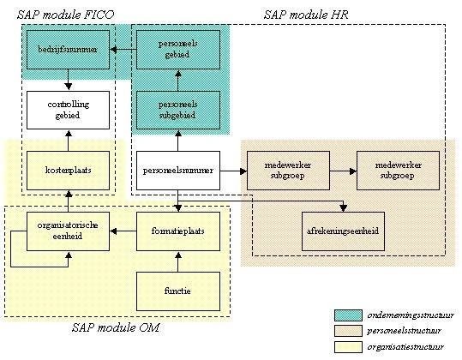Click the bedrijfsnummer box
click(68, 51)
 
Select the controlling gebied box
click(68, 111)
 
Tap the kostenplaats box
click(68, 171)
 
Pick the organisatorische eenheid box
click(68, 231)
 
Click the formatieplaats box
click(178, 231)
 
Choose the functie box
click(178, 291)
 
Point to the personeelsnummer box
click(178, 171)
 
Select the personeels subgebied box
click(178, 111)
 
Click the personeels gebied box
click(178, 51)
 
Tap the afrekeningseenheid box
click(343, 231)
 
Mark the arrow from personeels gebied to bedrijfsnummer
click(123, 51)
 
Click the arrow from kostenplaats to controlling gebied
click(68, 141)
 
